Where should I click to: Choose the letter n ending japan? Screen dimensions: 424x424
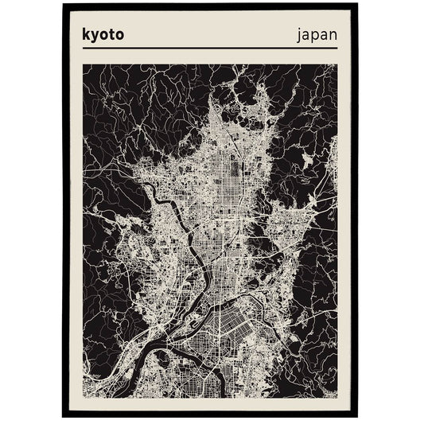(332, 36)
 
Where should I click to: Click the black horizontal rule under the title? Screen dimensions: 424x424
(211, 49)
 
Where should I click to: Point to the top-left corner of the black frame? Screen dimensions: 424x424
(63, 4)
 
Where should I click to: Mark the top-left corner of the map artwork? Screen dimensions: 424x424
(83, 64)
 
